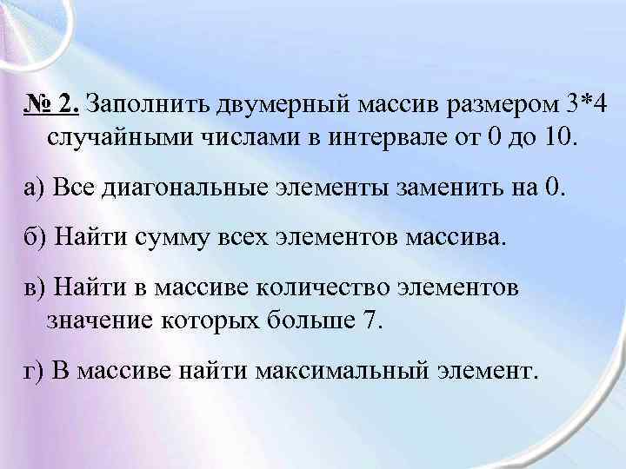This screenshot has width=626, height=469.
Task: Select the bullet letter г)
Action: coord(30,371)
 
